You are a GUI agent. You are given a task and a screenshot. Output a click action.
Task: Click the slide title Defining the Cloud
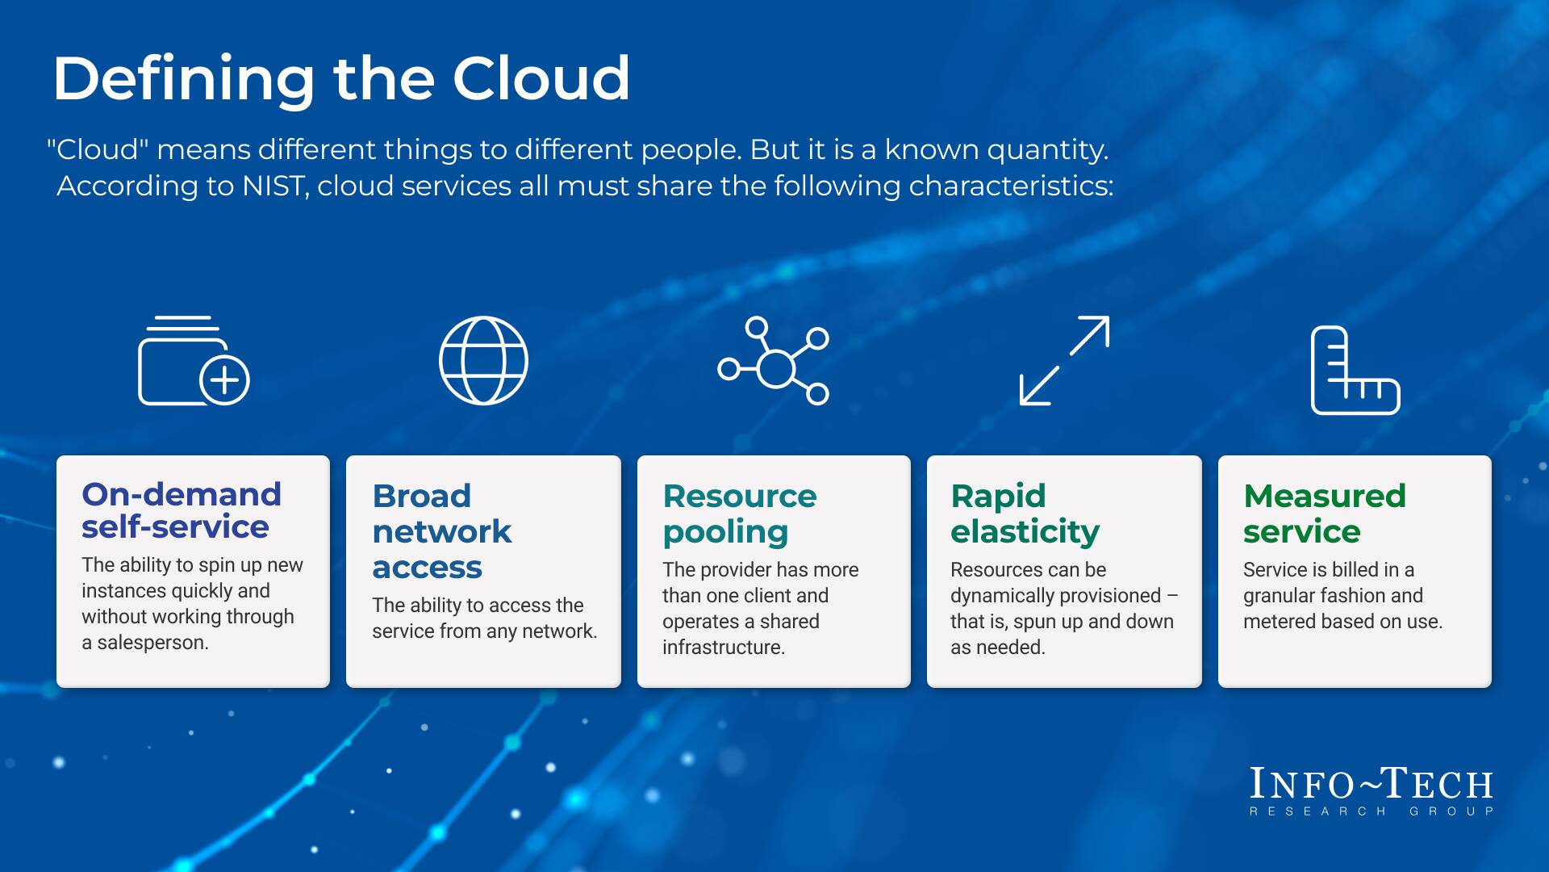pos(340,78)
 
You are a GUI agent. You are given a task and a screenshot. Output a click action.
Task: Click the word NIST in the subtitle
pos(273,187)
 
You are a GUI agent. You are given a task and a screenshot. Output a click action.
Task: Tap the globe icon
pos(483,360)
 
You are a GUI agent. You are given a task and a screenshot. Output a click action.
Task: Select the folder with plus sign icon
pos(194,361)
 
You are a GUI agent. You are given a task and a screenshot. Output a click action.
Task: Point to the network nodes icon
pos(774,361)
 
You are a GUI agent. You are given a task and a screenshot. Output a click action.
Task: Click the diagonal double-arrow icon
pos(1064,361)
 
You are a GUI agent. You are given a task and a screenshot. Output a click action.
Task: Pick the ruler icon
pos(1355,371)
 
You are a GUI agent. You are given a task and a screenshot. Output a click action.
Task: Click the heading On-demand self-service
pos(182,510)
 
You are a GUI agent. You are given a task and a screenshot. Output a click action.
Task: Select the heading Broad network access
pos(442,531)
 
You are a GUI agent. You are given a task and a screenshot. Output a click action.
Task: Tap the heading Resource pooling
pos(740,514)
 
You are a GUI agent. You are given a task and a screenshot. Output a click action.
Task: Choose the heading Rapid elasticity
pos(1025,514)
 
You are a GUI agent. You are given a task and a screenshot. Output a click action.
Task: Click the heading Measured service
pos(1324,514)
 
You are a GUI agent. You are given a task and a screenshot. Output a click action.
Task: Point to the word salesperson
pos(152,643)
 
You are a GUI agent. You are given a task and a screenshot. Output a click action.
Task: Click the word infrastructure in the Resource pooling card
pos(723,648)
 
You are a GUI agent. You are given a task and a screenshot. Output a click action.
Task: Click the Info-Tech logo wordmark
pos(1371,783)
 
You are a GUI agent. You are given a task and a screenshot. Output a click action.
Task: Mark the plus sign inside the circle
pos(224,379)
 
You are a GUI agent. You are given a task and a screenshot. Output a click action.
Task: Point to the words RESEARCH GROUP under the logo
pos(1371,811)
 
